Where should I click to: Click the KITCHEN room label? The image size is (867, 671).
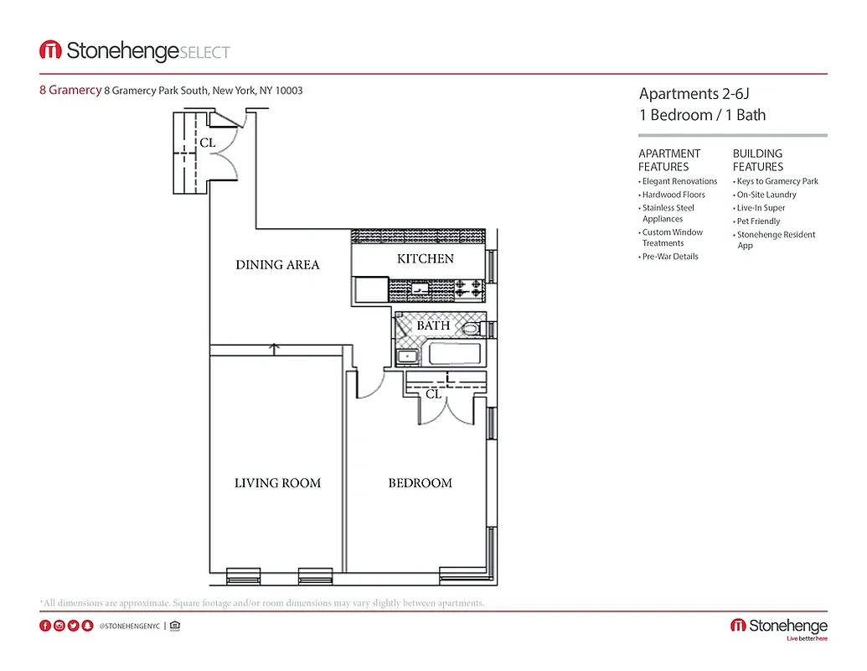[425, 259]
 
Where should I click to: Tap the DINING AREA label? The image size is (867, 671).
[277, 265]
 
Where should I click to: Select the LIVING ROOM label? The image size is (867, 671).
[277, 483]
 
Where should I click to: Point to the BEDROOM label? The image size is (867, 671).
[420, 483]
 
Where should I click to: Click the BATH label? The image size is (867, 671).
[433, 325]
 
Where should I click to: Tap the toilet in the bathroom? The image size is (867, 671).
[471, 329]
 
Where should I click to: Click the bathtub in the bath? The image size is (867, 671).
[457, 353]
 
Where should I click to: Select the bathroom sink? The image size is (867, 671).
[408, 356]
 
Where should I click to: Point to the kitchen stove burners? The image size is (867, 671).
[470, 289]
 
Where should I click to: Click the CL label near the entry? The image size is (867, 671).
[208, 143]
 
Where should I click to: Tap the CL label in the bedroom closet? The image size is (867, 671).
[433, 393]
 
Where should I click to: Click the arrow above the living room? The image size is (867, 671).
[274, 347]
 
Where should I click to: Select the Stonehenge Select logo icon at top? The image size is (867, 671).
[50, 50]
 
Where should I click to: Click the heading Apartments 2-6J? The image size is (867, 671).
[689, 94]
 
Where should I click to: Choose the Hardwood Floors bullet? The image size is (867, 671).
[673, 195]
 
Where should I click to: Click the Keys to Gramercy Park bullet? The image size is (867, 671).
[777, 181]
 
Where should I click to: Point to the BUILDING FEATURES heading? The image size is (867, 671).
[757, 160]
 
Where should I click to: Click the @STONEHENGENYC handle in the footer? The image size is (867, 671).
[129, 626]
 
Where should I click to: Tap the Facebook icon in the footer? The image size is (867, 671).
[45, 626]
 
